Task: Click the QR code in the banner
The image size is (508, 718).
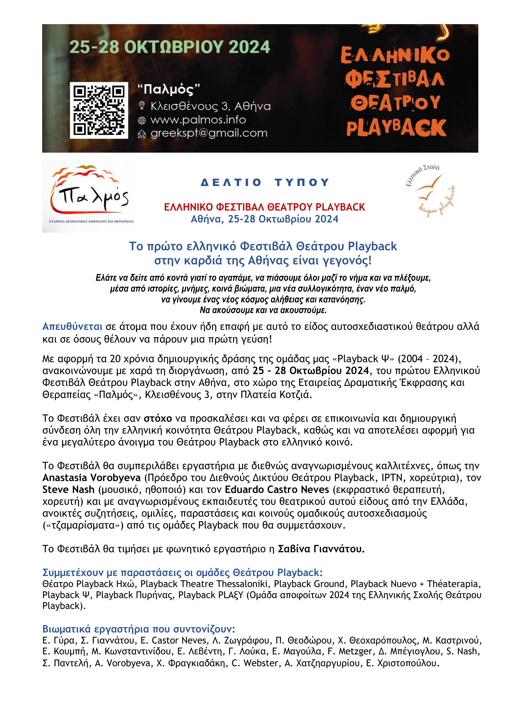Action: (99, 110)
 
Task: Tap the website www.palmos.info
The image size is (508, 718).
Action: (198, 120)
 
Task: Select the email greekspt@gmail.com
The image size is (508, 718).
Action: (209, 133)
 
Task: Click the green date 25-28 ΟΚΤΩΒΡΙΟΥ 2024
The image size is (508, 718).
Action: (169, 47)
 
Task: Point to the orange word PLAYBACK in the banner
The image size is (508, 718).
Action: (396, 128)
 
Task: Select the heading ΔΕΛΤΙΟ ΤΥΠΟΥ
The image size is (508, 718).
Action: (265, 182)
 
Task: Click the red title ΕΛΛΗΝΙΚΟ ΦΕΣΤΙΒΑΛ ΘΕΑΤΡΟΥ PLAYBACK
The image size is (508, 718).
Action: (265, 207)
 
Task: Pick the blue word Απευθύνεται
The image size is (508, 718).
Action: (72, 327)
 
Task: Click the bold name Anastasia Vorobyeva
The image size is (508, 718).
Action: (91, 478)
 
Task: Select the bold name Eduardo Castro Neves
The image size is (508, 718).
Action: (277, 489)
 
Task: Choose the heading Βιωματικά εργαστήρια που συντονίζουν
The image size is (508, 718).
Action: (138, 629)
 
